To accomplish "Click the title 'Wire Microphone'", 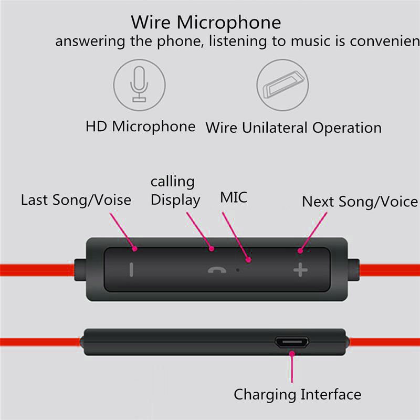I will (x=206, y=23).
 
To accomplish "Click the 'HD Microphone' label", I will (x=140, y=127).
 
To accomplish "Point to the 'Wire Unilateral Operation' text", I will (x=293, y=128).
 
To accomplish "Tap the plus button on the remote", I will (x=300, y=270).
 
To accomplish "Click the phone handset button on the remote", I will (x=215, y=270).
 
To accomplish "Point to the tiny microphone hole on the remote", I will (x=238, y=269).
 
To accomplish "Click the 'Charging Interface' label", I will (x=297, y=394).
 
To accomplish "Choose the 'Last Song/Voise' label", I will (x=76, y=200).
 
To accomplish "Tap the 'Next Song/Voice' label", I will (x=360, y=202).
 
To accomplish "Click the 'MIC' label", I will (x=234, y=197).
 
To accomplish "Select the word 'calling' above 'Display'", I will (x=172, y=182).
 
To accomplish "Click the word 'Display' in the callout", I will (x=175, y=200).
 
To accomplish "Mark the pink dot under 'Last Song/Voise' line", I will (x=135, y=248).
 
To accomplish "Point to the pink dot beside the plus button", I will (x=300, y=251).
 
